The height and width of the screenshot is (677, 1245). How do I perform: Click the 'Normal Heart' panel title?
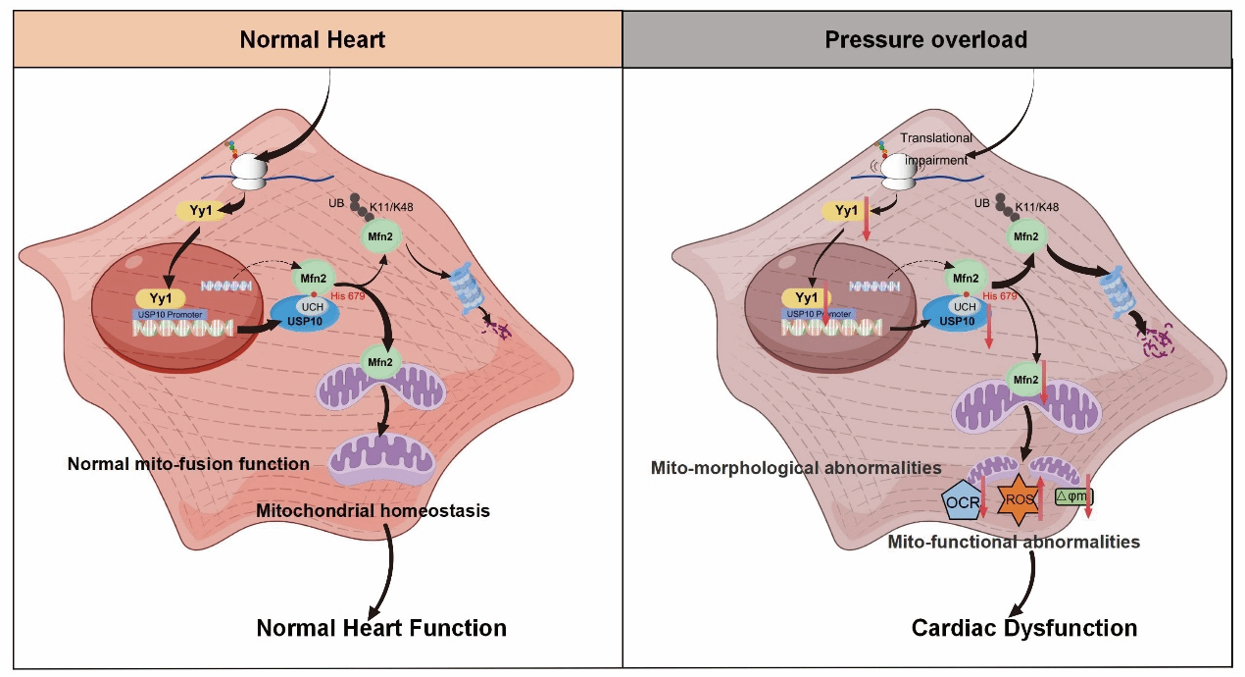click(313, 40)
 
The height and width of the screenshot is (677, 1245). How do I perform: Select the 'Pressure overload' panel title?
click(925, 40)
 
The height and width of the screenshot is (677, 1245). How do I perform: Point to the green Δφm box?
click(1072, 497)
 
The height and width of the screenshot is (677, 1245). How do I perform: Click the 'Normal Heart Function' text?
click(381, 628)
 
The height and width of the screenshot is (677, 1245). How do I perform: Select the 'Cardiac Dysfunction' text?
click(1024, 628)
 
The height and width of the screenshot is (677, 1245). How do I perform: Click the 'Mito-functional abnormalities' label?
click(1013, 541)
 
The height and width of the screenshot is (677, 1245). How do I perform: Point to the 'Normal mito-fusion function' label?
click(188, 463)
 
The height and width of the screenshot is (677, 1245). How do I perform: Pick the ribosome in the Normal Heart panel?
click(247, 174)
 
